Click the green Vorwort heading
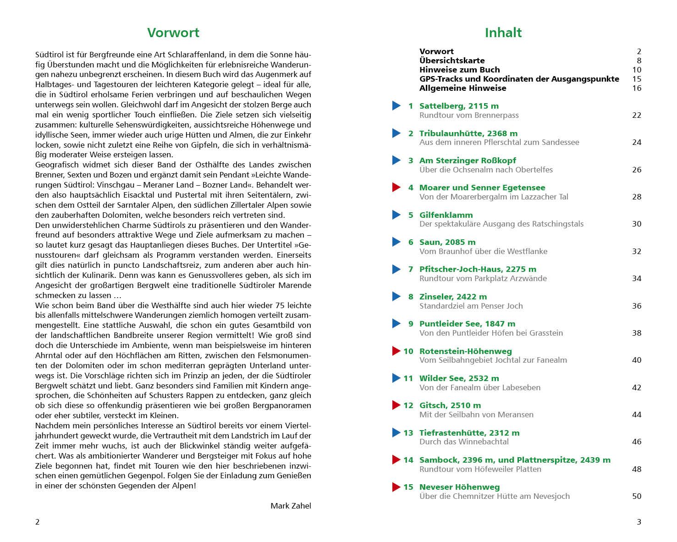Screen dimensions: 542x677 pyautogui.click(x=173, y=33)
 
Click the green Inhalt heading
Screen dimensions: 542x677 pyautogui.click(x=503, y=33)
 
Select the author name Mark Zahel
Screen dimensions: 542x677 pyautogui.click(x=291, y=506)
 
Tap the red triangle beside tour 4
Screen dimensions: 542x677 pyautogui.click(x=396, y=188)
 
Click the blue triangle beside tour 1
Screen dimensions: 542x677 pyautogui.click(x=396, y=106)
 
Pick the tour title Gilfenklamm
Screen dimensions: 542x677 pyautogui.click(x=446, y=215)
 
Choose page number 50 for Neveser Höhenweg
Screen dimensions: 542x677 pyautogui.click(x=636, y=496)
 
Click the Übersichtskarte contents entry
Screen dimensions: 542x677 pyautogui.click(x=451, y=61)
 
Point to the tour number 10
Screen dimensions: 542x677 pyautogui.click(x=408, y=351)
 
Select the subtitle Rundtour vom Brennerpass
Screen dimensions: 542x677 pyautogui.click(x=469, y=115)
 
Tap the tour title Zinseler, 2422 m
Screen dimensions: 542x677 pyautogui.click(x=453, y=297)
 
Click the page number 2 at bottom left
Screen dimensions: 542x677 pyautogui.click(x=38, y=522)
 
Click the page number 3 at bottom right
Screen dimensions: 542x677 pyautogui.click(x=638, y=522)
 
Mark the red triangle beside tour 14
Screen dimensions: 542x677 pyautogui.click(x=396, y=460)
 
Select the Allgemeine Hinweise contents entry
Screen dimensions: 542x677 pyautogui.click(x=462, y=88)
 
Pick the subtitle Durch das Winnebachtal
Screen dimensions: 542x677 pyautogui.click(x=464, y=442)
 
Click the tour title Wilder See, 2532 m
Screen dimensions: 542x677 pyautogui.click(x=459, y=378)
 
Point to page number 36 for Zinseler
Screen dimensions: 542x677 pyautogui.click(x=636, y=306)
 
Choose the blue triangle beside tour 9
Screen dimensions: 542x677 pyautogui.click(x=396, y=324)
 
